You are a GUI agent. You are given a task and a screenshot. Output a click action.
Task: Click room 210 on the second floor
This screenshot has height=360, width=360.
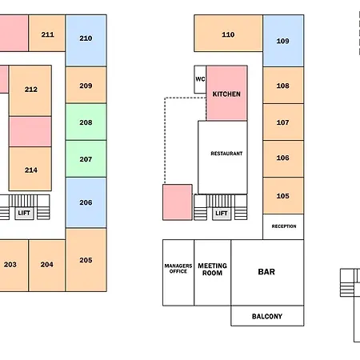pyautogui.click(x=86, y=41)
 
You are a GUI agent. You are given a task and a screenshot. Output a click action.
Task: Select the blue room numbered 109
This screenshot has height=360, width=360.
pyautogui.click(x=283, y=41)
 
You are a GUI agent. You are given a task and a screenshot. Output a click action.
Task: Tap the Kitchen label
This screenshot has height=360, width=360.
pyautogui.click(x=226, y=94)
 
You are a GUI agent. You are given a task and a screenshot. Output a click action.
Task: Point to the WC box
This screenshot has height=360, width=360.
pyautogui.click(x=200, y=79)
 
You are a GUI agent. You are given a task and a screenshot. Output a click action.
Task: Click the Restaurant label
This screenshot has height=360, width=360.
pyautogui.click(x=226, y=154)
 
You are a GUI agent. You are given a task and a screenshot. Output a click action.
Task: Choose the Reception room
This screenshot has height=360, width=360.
pyautogui.click(x=283, y=226)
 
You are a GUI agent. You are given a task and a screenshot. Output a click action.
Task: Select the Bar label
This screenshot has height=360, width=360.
pyautogui.click(x=266, y=272)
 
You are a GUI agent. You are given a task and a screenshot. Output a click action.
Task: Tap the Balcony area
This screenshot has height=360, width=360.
pyautogui.click(x=267, y=316)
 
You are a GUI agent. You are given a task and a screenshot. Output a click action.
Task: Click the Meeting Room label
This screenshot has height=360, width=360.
pyautogui.click(x=212, y=270)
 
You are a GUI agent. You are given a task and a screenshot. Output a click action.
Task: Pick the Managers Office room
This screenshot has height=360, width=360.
pyautogui.click(x=178, y=273)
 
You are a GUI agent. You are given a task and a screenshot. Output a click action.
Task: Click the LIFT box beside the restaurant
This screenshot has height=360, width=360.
pyautogui.click(x=222, y=214)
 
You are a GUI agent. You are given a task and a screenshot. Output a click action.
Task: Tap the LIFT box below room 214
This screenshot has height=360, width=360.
pyautogui.click(x=24, y=213)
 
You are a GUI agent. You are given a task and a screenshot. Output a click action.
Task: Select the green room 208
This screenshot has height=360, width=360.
pyautogui.click(x=86, y=122)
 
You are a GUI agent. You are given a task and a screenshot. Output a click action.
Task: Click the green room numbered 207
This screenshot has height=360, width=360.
pyautogui.click(x=86, y=158)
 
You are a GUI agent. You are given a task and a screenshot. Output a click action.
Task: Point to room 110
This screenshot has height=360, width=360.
pyautogui.click(x=228, y=34)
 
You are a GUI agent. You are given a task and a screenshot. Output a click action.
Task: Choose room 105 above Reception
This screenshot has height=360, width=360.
pyautogui.click(x=283, y=195)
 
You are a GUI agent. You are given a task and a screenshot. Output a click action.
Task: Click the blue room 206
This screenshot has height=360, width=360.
pyautogui.click(x=86, y=202)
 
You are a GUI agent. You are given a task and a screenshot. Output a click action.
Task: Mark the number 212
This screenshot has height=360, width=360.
pyautogui.click(x=31, y=90)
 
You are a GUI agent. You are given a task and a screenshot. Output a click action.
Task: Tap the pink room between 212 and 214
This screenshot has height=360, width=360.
pyautogui.click(x=30, y=131)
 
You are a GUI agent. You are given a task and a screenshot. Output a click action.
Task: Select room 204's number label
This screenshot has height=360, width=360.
pyautogui.click(x=47, y=264)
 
